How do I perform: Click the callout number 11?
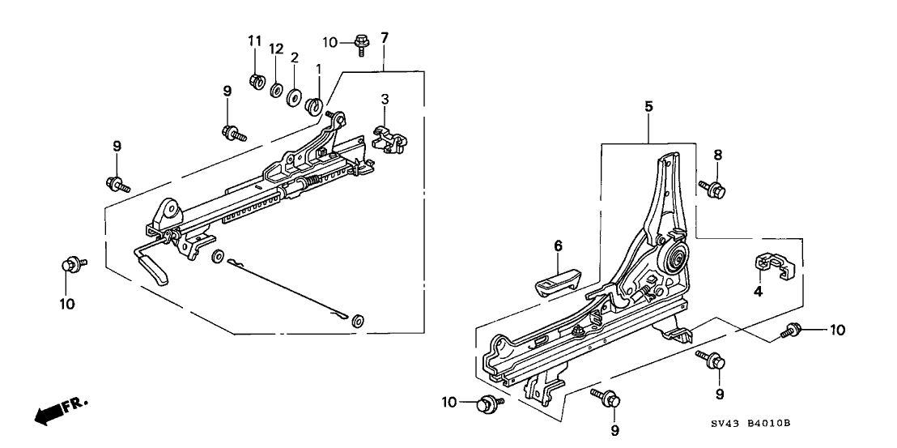[x=254, y=40]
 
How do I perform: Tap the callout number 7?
[x=385, y=37]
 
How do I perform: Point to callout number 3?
[x=385, y=99]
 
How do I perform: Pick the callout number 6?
[x=558, y=246]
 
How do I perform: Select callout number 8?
[x=717, y=155]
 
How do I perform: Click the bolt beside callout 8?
[x=713, y=189]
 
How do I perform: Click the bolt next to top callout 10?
[x=361, y=41]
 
